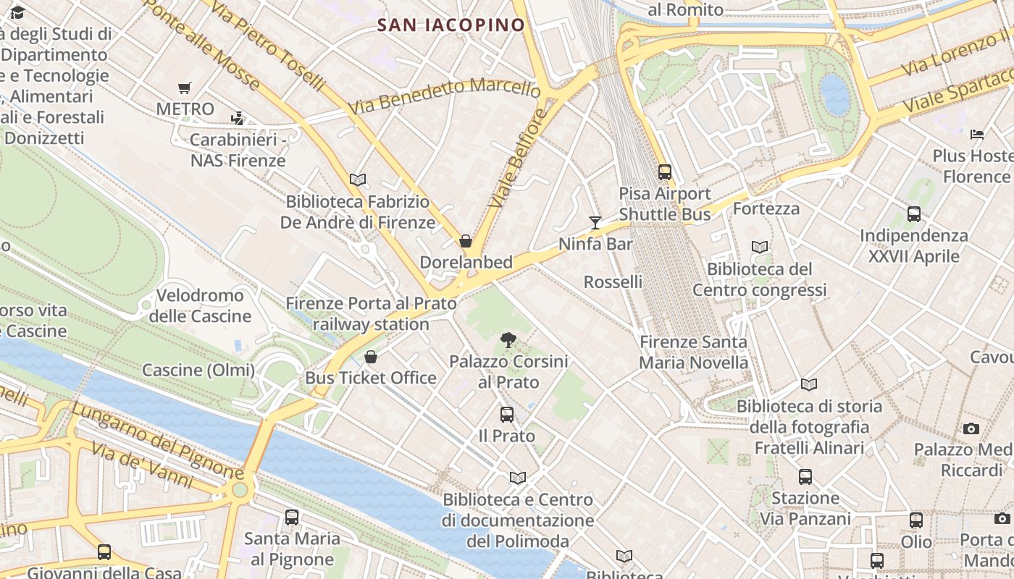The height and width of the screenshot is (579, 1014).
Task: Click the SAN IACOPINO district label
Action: click(451, 25)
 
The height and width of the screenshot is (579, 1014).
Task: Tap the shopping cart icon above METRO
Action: click(184, 88)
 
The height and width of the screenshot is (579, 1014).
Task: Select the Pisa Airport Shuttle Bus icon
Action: click(664, 172)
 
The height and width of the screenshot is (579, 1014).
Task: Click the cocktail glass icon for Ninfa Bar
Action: click(595, 222)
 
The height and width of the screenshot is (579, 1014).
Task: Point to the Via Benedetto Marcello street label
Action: click(444, 96)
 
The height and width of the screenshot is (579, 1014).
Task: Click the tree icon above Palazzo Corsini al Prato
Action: click(508, 339)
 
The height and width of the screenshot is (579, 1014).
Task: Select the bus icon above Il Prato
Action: click(507, 415)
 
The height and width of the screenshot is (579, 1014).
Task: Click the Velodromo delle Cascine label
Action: click(200, 305)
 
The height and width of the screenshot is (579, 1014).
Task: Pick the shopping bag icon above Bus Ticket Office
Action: click(371, 357)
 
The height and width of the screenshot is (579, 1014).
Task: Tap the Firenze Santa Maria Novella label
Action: click(694, 352)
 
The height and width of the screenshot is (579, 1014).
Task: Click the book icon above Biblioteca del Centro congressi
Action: click(760, 248)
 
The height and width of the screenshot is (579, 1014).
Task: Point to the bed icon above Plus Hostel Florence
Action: click(977, 134)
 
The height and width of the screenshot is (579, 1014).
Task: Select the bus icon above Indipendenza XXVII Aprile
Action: click(914, 214)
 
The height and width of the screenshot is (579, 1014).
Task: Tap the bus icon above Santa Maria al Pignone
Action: click(292, 517)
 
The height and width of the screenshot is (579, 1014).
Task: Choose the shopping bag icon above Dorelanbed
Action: click(466, 241)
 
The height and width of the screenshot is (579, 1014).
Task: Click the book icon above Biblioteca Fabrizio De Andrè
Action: click(358, 179)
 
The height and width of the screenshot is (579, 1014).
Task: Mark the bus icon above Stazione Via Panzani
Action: click(805, 477)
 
